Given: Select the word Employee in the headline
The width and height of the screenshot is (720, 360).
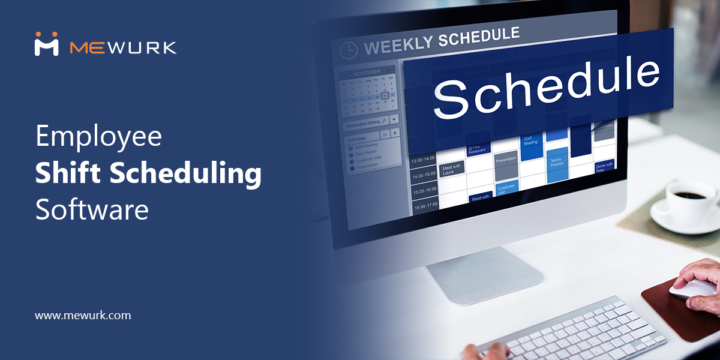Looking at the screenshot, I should tap(98, 136).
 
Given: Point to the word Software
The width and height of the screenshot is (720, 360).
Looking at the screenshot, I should tap(91, 209).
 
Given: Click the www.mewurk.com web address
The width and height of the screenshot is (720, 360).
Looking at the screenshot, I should tap(83, 315).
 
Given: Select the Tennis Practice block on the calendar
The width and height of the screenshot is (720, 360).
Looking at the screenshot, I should tap(557, 164).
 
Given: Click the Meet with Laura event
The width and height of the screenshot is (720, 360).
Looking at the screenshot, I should tap(452, 170).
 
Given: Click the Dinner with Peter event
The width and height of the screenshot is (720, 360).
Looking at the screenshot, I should tap(604, 167).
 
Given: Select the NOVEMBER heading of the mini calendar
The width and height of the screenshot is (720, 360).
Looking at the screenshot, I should tap(367, 73).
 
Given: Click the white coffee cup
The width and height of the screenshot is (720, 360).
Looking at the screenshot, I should tap(689, 200).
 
